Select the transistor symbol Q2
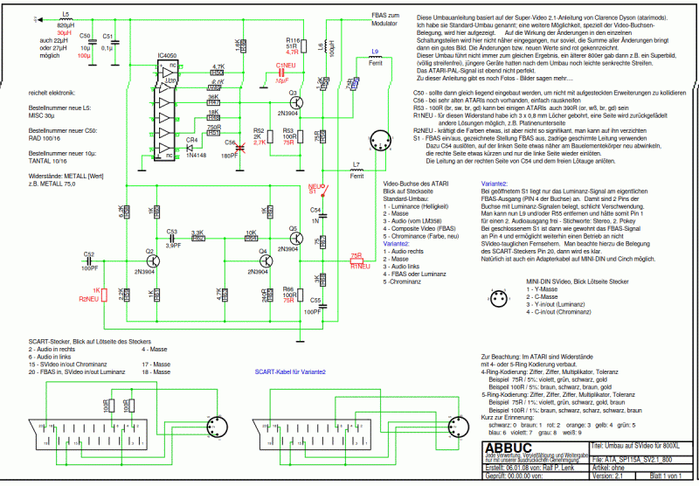(x=150, y=260)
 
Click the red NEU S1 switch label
(x=314, y=187)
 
